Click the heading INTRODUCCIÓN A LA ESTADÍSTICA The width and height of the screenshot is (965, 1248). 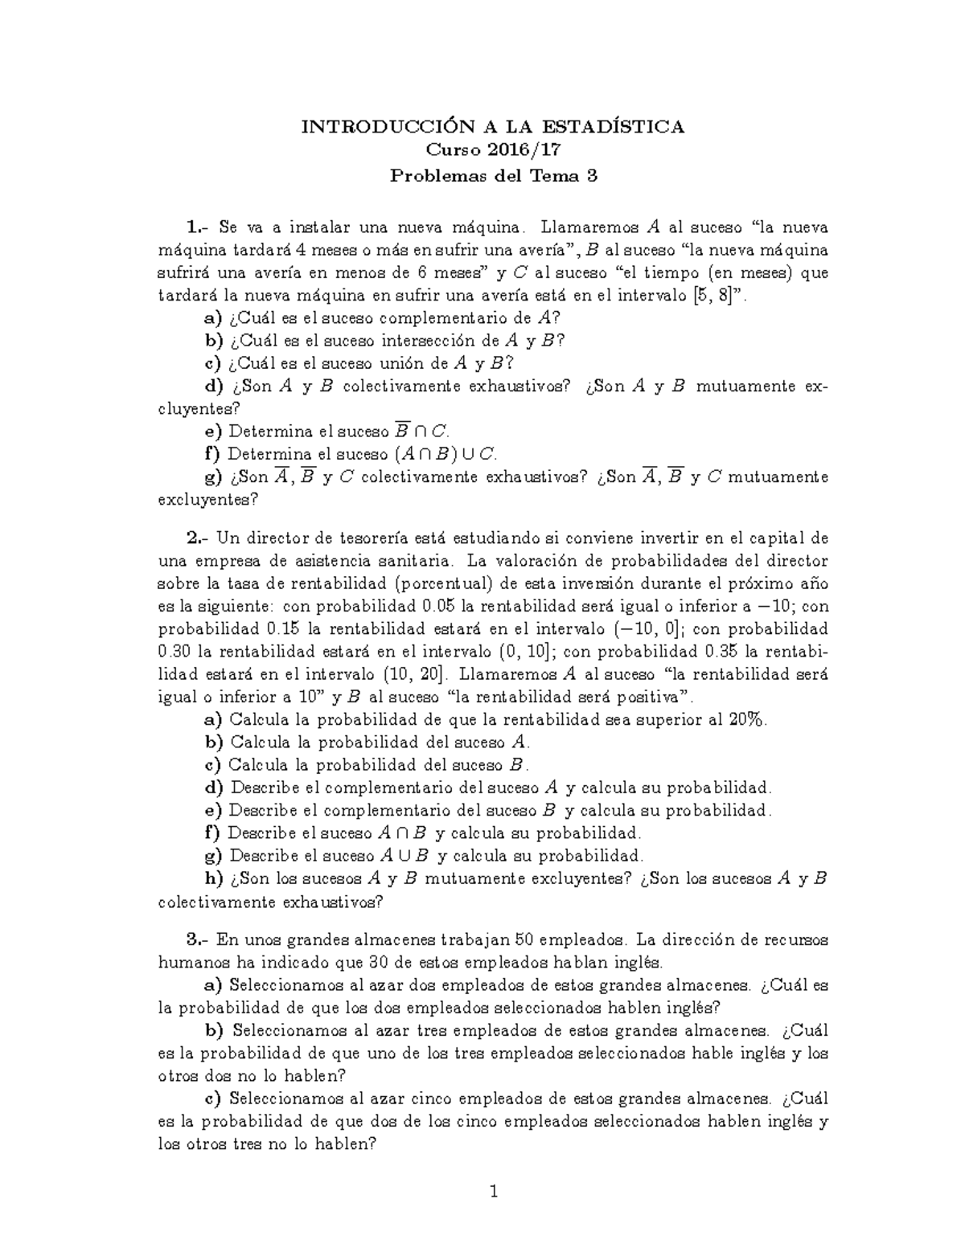click(x=493, y=127)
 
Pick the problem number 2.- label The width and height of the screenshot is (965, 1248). click(x=198, y=538)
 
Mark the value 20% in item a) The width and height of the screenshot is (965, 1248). click(x=748, y=719)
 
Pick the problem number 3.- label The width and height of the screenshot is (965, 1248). click(x=198, y=939)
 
